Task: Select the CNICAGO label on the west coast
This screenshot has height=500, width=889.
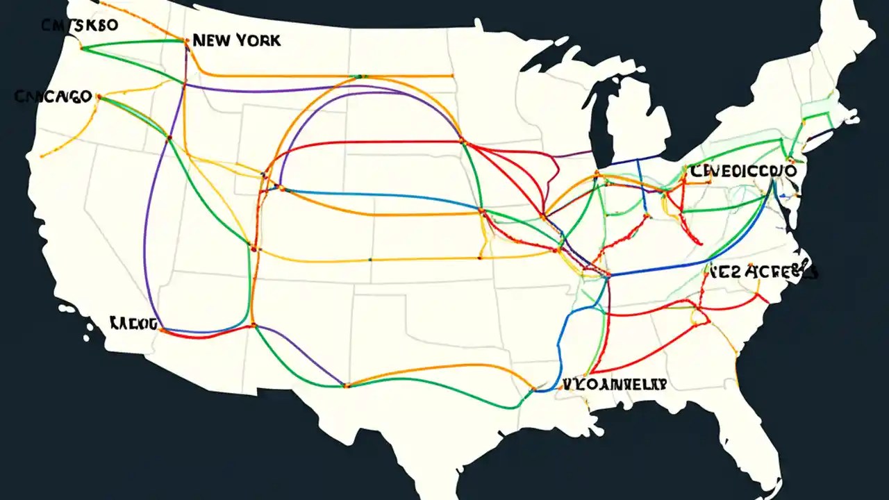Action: pyautogui.click(x=53, y=97)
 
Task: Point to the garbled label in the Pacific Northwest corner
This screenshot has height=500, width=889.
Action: pyautogui.click(x=81, y=26)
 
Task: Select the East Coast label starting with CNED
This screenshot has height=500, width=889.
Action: pyautogui.click(x=743, y=170)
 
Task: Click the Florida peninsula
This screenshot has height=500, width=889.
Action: pyautogui.click(x=764, y=444)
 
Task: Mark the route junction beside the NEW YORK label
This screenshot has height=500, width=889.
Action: pyautogui.click(x=186, y=41)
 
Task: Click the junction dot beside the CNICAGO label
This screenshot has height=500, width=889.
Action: pyautogui.click(x=99, y=97)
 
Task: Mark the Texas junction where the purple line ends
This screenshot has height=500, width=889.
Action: pyautogui.click(x=346, y=385)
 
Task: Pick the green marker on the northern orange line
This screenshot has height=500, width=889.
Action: pyautogui.click(x=360, y=75)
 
